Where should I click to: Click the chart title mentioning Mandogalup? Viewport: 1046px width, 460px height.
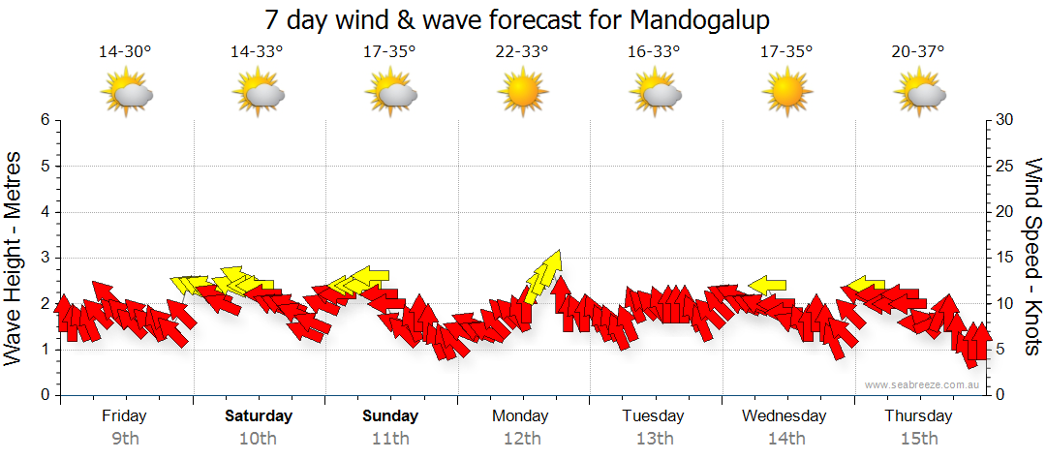pyautogui.click(x=523, y=20)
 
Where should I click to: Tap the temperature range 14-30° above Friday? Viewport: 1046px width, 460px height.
pyautogui.click(x=125, y=51)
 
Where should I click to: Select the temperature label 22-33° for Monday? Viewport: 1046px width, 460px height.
pyautogui.click(x=522, y=51)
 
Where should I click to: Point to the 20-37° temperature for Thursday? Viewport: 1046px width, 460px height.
pyautogui.click(x=918, y=51)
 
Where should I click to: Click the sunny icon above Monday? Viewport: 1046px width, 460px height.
pyautogui.click(x=522, y=94)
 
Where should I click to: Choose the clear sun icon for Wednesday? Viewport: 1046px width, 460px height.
pyautogui.click(x=785, y=94)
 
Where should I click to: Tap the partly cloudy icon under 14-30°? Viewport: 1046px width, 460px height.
pyautogui.click(x=126, y=94)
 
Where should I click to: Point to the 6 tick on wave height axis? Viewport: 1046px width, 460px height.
pyautogui.click(x=45, y=120)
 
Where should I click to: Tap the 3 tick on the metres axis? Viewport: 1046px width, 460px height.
pyautogui.click(x=45, y=258)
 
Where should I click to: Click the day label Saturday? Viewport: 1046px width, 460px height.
pyautogui.click(x=259, y=416)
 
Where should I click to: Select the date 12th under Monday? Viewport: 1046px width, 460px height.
pyautogui.click(x=522, y=438)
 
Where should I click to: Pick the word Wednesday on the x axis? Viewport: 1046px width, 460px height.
pyautogui.click(x=784, y=416)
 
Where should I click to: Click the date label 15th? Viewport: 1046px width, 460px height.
pyautogui.click(x=918, y=438)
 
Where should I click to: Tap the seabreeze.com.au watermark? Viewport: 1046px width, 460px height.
pyautogui.click(x=925, y=384)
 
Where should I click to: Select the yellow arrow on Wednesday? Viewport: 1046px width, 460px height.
pyautogui.click(x=768, y=285)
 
